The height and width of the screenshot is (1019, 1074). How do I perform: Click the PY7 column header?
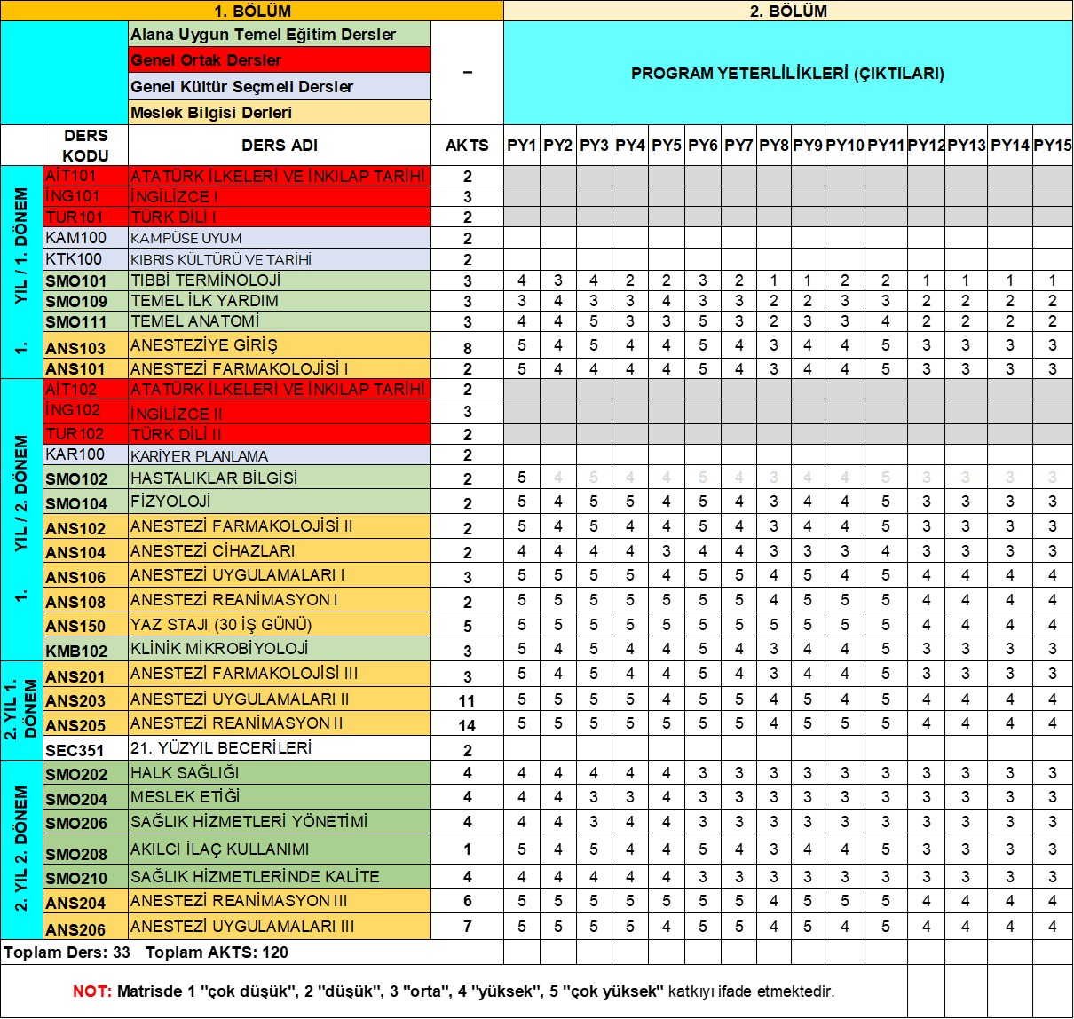tap(738, 146)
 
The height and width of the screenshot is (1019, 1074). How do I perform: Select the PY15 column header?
tap(1053, 146)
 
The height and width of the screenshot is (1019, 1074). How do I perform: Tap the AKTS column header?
tap(467, 146)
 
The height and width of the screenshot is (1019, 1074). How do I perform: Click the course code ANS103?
tap(75, 348)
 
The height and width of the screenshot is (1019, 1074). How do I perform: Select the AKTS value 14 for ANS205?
tap(467, 725)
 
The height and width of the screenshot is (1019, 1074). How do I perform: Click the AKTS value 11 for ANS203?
tap(467, 700)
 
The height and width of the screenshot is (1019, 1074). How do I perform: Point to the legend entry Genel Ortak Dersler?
tap(206, 60)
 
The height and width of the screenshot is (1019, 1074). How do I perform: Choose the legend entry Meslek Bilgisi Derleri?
tap(211, 113)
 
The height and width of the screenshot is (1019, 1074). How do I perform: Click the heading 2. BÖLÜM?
tap(788, 11)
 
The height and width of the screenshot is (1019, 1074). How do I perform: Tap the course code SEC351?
tap(75, 750)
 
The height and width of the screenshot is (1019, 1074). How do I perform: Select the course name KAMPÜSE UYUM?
tap(186, 238)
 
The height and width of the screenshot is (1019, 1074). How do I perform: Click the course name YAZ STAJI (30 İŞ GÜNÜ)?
tap(221, 624)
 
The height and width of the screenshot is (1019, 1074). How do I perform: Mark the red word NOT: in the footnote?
tap(92, 991)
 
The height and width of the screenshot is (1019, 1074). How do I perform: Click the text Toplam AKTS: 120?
tap(217, 952)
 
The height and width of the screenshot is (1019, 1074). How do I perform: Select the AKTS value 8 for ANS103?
tap(468, 348)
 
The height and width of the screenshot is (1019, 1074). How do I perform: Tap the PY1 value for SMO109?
tap(522, 301)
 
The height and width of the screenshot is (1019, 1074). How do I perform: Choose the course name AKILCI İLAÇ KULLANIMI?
tap(220, 849)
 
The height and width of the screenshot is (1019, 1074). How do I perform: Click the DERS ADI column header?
tap(280, 146)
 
